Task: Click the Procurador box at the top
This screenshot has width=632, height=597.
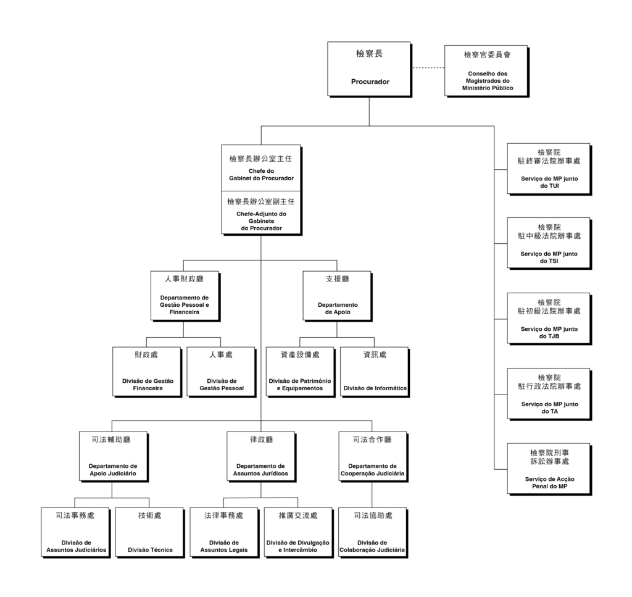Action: (x=369, y=69)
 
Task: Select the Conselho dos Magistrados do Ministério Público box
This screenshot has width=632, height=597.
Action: (x=486, y=70)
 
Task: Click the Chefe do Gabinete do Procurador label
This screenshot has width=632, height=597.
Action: (x=260, y=174)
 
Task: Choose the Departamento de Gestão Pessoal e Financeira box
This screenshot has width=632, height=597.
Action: (x=183, y=295)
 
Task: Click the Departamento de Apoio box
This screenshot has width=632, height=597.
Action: (x=337, y=295)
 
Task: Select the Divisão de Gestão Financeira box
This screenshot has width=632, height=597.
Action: (x=147, y=371)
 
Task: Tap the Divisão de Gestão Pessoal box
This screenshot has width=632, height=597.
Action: (x=221, y=371)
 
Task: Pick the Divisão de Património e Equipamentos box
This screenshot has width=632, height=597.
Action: (x=300, y=371)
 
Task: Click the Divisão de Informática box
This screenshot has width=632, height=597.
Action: (x=374, y=371)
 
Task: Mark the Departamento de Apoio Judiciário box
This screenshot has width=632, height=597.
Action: (x=112, y=456)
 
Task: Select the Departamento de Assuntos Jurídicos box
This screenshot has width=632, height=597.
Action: (x=260, y=456)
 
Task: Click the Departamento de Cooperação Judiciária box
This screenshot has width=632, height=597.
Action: (x=372, y=456)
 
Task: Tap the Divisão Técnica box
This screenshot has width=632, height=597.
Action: (x=149, y=532)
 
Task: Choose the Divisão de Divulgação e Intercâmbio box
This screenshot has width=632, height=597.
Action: (x=298, y=532)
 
